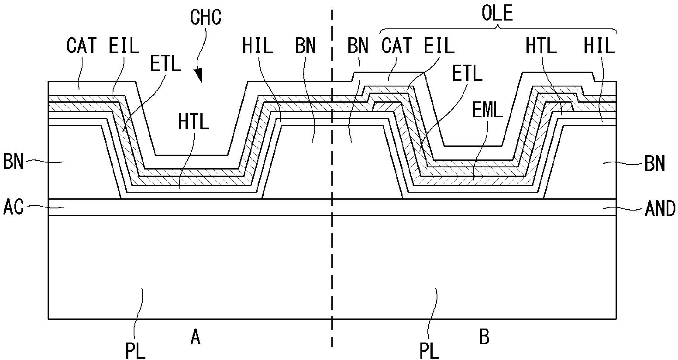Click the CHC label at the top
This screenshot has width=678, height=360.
(x=206, y=17)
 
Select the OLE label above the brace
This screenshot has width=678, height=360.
(x=497, y=14)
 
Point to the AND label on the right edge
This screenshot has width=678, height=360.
(x=660, y=209)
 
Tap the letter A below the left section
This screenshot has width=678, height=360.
(x=196, y=337)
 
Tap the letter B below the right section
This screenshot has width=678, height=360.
(x=484, y=337)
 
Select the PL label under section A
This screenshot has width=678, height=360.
(x=135, y=350)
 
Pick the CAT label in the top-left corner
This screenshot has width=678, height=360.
(x=82, y=45)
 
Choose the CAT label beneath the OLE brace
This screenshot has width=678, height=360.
(x=396, y=45)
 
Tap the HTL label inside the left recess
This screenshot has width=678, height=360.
(x=193, y=122)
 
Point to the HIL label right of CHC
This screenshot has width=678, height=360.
(x=258, y=45)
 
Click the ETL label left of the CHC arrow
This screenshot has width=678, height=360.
(x=165, y=64)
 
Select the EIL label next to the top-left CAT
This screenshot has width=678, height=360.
(x=124, y=45)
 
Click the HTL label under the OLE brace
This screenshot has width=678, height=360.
(x=541, y=45)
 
